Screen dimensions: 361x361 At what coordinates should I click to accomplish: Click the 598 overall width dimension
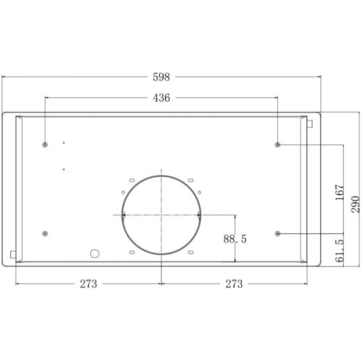[x=161, y=76]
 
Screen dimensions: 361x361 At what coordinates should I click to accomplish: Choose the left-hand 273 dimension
[x=88, y=284]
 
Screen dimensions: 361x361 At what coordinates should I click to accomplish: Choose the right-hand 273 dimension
[x=234, y=284]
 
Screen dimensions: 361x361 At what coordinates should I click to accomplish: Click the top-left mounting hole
[x=45, y=144]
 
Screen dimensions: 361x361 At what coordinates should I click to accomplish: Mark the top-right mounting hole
[x=279, y=144]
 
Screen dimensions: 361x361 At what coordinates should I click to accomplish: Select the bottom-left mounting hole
[x=45, y=233]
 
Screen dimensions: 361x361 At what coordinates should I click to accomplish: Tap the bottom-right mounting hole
[x=279, y=233]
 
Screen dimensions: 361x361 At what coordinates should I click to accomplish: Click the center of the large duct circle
[x=162, y=214]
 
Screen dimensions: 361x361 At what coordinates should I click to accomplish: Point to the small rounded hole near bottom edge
[x=93, y=253]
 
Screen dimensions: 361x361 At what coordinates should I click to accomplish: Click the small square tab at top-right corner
[x=309, y=124]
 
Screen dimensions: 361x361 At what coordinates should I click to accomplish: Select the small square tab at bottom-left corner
[x=14, y=253]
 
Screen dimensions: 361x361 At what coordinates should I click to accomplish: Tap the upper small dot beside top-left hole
[x=64, y=142]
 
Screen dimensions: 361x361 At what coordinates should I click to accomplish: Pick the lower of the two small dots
[x=64, y=169]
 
